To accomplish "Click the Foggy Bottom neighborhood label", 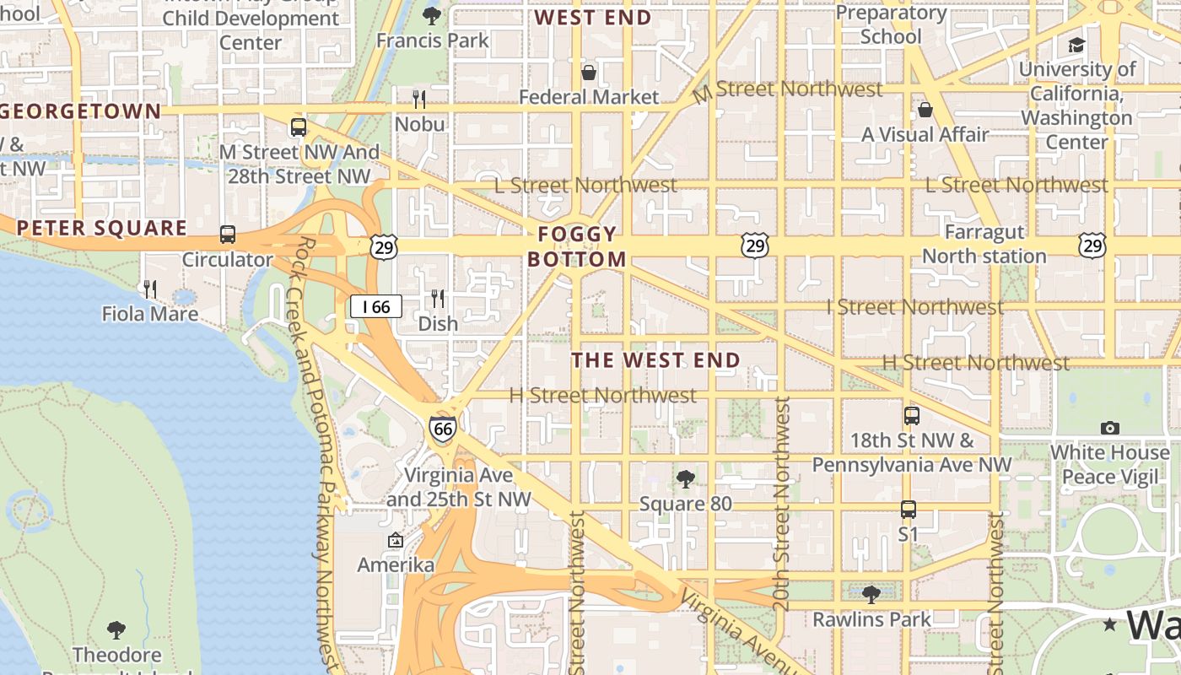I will click(x=578, y=246).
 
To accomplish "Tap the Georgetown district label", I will click(x=81, y=111).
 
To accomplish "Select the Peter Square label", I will click(x=101, y=228).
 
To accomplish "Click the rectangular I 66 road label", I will click(x=376, y=306).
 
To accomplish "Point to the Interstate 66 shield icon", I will click(x=443, y=429).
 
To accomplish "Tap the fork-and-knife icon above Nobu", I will click(x=419, y=100).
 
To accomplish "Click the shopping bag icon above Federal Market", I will click(x=589, y=73).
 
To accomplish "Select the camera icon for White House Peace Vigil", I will click(x=1110, y=429).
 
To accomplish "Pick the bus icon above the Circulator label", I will click(x=227, y=235).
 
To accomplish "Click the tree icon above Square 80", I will click(x=686, y=479).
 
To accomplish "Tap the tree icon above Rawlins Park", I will click(x=871, y=595).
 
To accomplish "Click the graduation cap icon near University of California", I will click(x=1076, y=45).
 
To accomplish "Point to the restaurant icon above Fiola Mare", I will click(x=150, y=289).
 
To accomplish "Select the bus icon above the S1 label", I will click(x=908, y=510).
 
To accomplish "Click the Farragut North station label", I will click(x=984, y=244).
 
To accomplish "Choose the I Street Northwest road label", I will click(x=914, y=307).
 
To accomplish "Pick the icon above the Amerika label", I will click(x=395, y=540).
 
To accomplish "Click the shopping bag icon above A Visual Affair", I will click(x=925, y=110).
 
